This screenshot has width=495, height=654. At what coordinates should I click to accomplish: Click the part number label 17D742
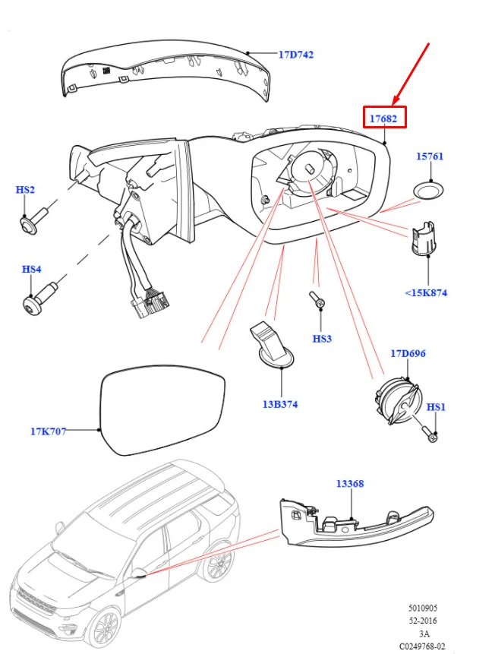[295, 55]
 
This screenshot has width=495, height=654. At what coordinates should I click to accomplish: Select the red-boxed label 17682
[383, 118]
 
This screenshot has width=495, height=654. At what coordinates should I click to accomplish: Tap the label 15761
[430, 156]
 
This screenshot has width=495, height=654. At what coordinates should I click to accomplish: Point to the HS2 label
[25, 190]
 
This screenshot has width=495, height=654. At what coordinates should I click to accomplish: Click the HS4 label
[31, 269]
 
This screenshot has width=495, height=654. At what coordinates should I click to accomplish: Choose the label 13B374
[280, 404]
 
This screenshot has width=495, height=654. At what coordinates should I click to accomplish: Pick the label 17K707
[48, 431]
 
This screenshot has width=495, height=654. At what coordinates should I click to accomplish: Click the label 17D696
[408, 354]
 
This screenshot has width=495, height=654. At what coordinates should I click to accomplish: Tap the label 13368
[350, 484]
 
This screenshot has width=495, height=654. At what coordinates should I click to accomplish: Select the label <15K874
[426, 292]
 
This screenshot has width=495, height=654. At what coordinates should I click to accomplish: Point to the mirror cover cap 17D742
[165, 71]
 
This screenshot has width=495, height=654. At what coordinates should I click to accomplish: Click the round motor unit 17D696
[397, 400]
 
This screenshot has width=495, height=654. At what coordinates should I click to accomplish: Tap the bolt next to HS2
[36, 220]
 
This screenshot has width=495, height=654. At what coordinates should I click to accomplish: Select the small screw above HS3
[317, 299]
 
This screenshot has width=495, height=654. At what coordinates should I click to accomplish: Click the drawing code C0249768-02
[422, 646]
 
